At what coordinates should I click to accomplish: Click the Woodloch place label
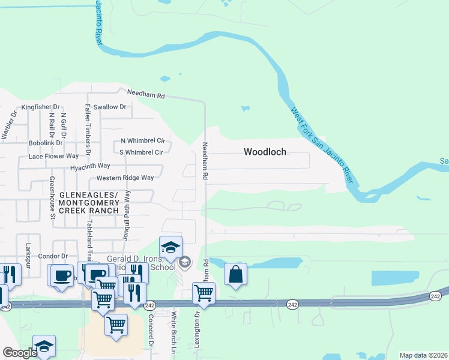coord(265,152)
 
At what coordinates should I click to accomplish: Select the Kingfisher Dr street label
coord(41,107)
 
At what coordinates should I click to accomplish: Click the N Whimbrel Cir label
coord(142,141)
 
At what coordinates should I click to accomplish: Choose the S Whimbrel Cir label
coord(142,152)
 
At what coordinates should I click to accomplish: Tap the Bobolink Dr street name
coord(46,143)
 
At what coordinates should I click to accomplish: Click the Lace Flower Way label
coord(53,157)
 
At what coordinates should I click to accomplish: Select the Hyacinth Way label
coord(90,166)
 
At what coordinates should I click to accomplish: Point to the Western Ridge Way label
coord(125,178)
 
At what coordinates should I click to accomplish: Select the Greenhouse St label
coord(52,197)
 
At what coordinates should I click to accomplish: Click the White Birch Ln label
coord(173,332)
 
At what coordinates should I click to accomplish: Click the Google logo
coord(20,353)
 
